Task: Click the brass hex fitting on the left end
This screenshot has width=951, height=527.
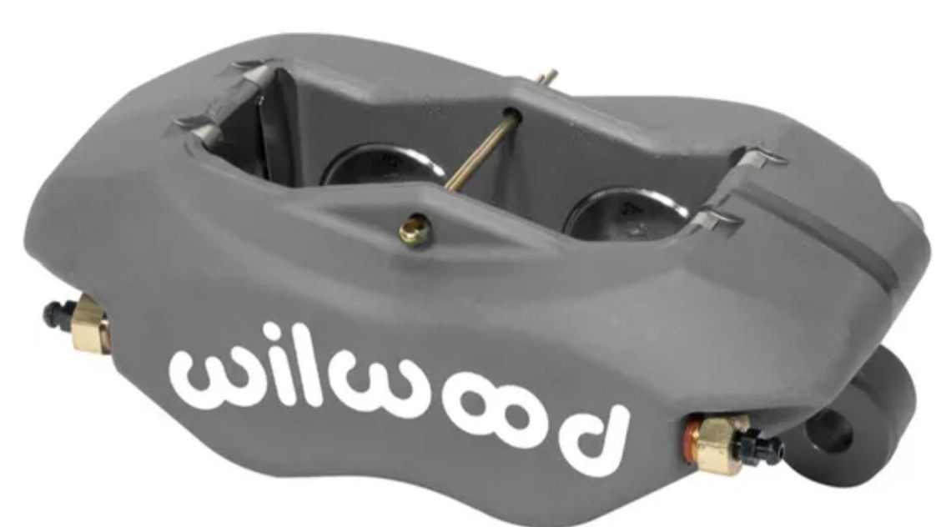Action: click(x=90, y=324)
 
